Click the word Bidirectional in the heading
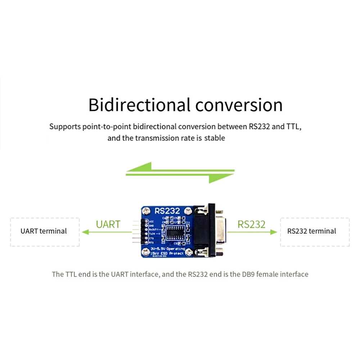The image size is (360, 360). point(139,105)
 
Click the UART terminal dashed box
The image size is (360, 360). point(45,231)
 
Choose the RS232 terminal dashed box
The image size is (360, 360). point(315,231)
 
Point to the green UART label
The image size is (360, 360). point(108,224)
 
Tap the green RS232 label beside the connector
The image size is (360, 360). point(251,224)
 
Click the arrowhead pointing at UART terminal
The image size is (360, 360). point(85,232)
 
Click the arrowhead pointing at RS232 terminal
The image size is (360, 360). point(274,232)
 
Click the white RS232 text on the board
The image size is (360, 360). point(167,211)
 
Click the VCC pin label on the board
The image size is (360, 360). point(152,221)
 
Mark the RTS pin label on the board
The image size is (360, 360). point(152,243)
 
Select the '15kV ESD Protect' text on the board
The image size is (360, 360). point(168,253)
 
